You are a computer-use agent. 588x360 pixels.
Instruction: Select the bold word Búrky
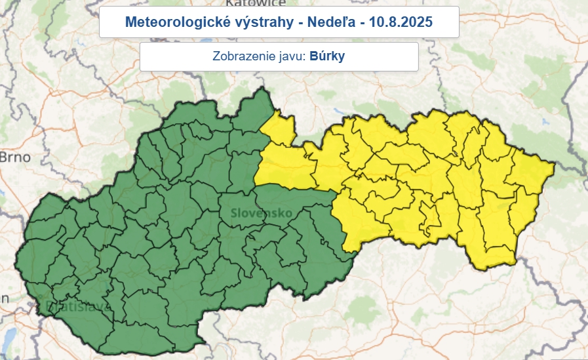[327, 56]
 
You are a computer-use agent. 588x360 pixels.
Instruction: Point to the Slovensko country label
[261, 213]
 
